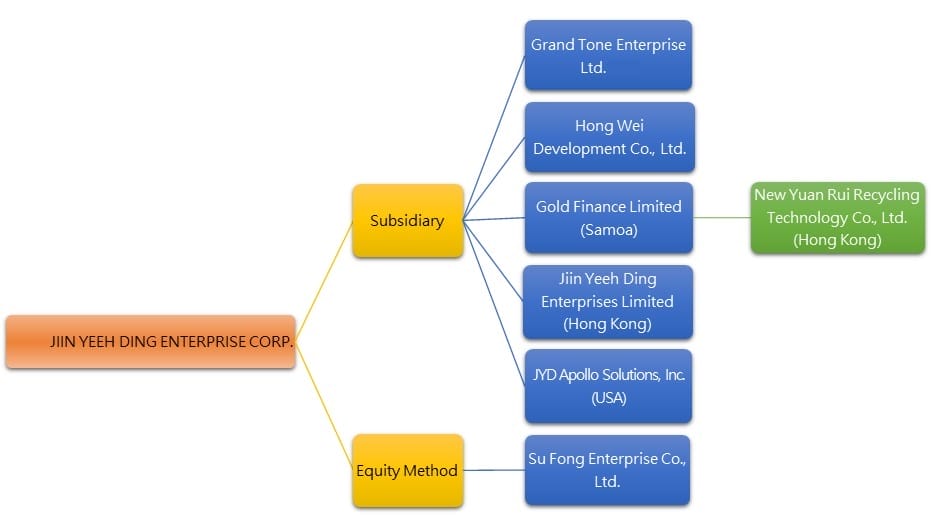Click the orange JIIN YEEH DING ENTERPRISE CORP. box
(x=150, y=341)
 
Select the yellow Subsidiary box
(x=407, y=220)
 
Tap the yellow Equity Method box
(x=407, y=470)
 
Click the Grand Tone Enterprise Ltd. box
(x=608, y=56)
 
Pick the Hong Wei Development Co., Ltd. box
(x=608, y=138)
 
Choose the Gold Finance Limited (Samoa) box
(x=608, y=218)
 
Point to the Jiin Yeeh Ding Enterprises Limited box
(x=608, y=301)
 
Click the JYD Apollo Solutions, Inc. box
(x=608, y=385)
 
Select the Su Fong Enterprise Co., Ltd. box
(x=608, y=469)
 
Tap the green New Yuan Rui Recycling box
(x=837, y=218)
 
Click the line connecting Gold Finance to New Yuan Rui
(x=723, y=218)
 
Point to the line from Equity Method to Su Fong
(x=494, y=470)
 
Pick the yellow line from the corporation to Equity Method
(x=324, y=404)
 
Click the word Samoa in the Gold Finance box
(x=609, y=230)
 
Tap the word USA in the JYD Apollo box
(x=608, y=397)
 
